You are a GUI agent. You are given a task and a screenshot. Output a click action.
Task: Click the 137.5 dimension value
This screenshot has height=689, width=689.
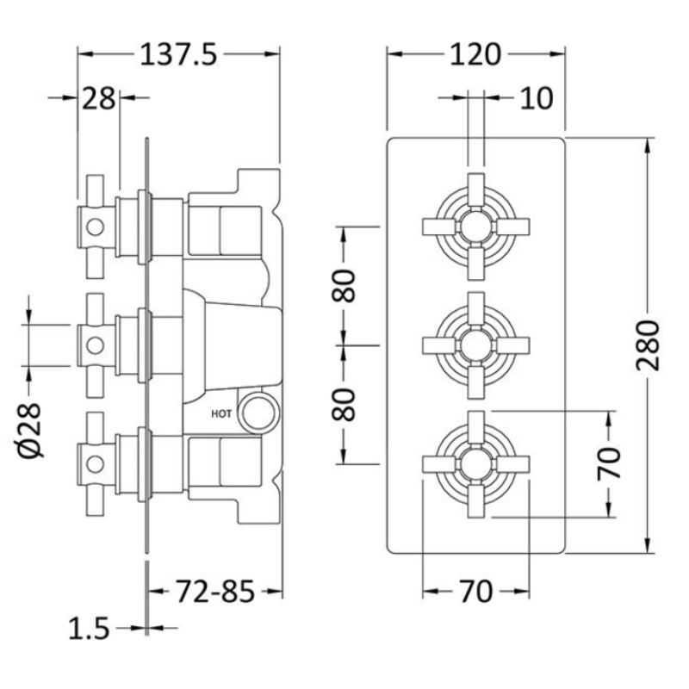coord(178,55)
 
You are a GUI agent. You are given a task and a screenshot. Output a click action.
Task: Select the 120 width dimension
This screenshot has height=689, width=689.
coord(475,55)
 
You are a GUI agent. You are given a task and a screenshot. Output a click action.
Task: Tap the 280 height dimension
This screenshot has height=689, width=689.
coord(649,346)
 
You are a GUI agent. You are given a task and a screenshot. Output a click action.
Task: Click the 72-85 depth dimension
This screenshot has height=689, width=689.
coord(215,592)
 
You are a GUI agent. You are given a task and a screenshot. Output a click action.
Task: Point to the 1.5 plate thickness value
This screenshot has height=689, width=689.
coord(89,629)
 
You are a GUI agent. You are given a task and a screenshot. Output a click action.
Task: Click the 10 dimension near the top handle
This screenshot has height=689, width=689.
coord(537,98)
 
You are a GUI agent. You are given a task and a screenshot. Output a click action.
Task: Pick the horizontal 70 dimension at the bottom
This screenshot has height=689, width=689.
coord(476,592)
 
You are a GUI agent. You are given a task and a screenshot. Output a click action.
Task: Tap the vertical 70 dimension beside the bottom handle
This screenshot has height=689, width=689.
coord(609,463)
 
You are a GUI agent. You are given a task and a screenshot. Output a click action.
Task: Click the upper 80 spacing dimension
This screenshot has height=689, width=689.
coord(343,286)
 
